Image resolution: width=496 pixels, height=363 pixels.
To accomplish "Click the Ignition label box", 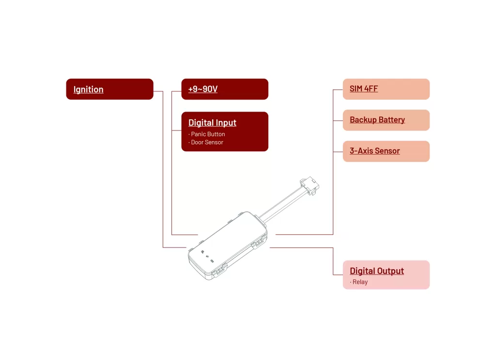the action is [109, 89].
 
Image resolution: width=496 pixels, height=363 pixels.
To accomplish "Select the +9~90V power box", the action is [225, 89].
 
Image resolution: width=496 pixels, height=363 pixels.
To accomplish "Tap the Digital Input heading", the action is [212, 123].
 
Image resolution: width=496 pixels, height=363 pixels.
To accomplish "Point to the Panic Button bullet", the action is [207, 134].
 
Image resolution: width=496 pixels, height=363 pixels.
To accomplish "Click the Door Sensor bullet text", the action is [206, 143].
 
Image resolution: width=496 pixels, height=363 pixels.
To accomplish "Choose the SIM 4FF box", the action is [386, 89].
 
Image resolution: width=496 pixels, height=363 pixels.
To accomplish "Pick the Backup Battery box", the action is [386, 120].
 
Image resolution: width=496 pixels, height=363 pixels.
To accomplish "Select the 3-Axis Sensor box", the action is [386, 151].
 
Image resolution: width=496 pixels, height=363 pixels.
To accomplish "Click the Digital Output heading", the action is [377, 271].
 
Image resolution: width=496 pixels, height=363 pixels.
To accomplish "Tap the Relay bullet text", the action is [359, 282].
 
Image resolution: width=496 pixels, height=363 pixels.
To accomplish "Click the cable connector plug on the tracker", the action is [310, 186].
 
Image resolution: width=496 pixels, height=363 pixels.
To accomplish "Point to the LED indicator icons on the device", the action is [207, 256].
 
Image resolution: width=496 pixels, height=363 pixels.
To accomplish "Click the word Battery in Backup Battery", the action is [391, 120].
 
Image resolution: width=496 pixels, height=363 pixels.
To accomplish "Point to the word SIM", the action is [356, 89].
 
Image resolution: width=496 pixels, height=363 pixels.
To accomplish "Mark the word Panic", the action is [198, 134].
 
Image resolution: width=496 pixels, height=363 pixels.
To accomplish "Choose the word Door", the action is [197, 143].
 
